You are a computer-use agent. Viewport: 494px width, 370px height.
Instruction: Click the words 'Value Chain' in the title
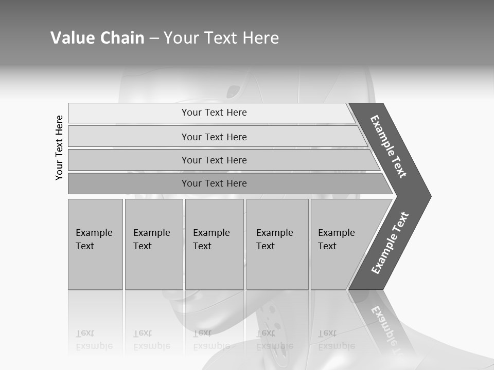tap(97, 38)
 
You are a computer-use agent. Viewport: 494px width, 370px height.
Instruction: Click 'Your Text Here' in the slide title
tap(221, 38)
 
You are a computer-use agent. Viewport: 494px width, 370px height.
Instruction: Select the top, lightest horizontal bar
tap(214, 113)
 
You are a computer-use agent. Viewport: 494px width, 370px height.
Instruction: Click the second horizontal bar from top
tap(214, 137)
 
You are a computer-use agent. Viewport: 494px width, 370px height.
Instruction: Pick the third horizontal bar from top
tap(214, 160)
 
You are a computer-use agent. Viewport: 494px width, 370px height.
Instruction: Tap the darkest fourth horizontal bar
tap(214, 183)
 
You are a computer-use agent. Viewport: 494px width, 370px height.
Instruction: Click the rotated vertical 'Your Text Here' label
tap(59, 147)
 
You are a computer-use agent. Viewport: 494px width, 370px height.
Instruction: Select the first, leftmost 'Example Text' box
tap(95, 244)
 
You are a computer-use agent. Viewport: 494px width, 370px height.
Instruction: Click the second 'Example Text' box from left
tap(153, 244)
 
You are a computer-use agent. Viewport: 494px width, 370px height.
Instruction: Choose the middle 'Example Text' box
tap(214, 244)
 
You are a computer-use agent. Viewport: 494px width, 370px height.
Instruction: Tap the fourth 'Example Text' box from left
tap(277, 244)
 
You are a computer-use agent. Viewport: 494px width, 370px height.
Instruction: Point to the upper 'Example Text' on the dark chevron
tap(389, 146)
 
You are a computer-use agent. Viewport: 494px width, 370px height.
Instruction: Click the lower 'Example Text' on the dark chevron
tap(390, 243)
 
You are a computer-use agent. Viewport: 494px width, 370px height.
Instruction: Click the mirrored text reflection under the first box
tap(94, 340)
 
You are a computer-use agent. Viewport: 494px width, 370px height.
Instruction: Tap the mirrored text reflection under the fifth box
tap(336, 340)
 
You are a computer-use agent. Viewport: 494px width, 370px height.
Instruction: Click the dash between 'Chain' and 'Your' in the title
tap(154, 39)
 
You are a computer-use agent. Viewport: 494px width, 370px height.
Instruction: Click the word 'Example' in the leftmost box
tap(94, 233)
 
